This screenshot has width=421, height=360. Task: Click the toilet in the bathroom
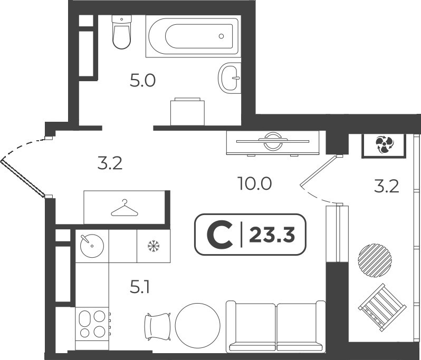coord(122,32)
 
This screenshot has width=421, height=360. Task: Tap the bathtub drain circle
coord(221,36)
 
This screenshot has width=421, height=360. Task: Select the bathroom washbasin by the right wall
coord(229,78)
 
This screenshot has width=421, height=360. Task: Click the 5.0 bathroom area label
coord(142,81)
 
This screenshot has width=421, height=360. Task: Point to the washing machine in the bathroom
coord(187,112)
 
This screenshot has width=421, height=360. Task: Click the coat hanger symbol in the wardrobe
coord(125,208)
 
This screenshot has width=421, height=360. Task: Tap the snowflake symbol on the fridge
coord(154,246)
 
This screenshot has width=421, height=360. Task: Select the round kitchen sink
coord(92,246)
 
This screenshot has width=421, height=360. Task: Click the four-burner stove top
coord(93,324)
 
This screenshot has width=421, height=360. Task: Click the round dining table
coord(198,325)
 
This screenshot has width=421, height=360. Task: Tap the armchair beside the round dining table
coord(158,326)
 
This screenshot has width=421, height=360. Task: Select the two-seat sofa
coord(276,326)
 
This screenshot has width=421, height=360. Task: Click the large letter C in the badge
coord(220,235)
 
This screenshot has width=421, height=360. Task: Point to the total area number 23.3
coord(272,235)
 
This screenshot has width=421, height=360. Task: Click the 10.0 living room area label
coord(254,184)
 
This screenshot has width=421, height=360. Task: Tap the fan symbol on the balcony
coord(384,145)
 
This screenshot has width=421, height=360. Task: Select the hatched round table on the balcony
coord(375,260)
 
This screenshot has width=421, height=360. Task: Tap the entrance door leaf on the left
coord(22,178)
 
